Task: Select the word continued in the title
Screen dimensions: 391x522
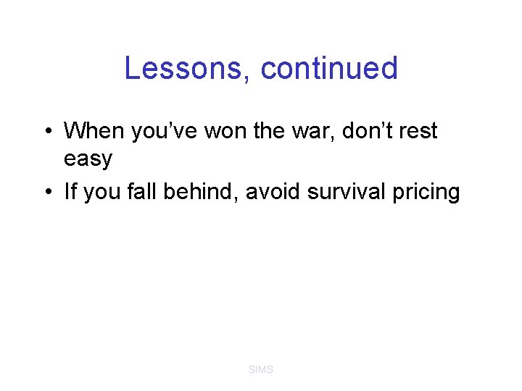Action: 329,69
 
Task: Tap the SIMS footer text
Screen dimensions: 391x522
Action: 261,369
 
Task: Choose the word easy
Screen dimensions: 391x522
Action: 88,159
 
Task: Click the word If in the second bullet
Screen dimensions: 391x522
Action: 71,192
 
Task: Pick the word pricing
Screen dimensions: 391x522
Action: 428,193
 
